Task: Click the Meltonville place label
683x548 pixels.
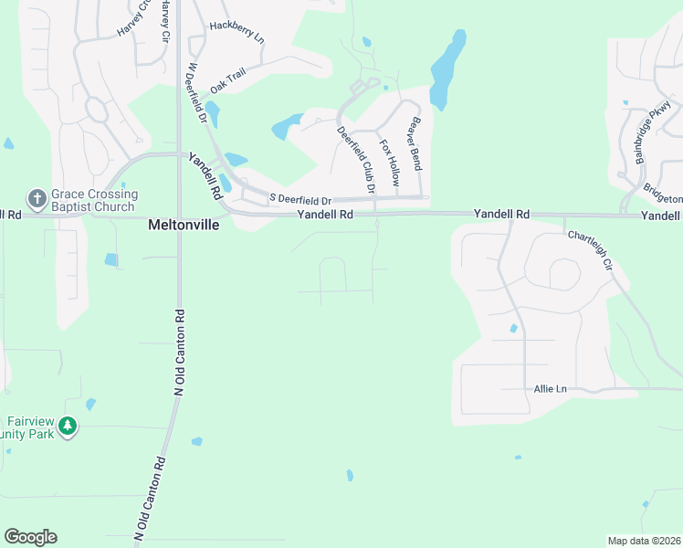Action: [x=184, y=224]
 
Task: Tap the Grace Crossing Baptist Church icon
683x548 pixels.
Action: [x=37, y=198]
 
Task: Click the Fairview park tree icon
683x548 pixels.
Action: [x=68, y=426]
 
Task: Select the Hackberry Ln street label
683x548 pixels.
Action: [x=236, y=34]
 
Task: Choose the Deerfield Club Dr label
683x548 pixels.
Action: [x=356, y=160]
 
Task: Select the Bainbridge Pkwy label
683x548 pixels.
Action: [x=647, y=137]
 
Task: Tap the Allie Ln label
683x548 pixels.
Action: [x=550, y=389]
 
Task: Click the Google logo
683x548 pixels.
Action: [x=30, y=536]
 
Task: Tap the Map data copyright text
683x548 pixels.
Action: [x=643, y=540]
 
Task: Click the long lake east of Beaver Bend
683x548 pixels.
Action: [x=447, y=68]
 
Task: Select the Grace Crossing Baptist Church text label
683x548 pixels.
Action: [x=94, y=200]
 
